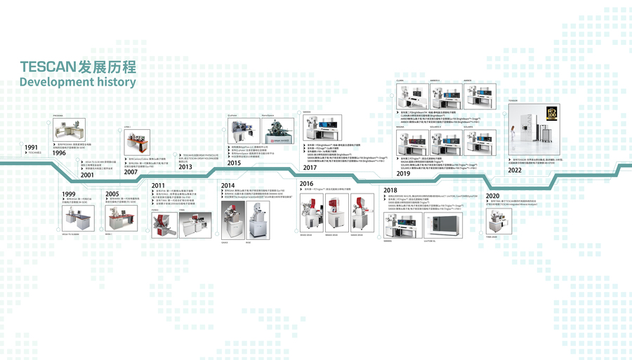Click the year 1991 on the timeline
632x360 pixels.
click(x=31, y=147)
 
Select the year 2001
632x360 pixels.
click(x=87, y=175)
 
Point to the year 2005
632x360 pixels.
click(x=112, y=194)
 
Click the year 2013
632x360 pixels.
click(x=185, y=167)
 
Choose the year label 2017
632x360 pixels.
click(x=310, y=168)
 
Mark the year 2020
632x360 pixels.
click(x=493, y=196)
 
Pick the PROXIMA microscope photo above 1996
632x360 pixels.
click(x=69, y=128)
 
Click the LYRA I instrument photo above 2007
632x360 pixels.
click(x=138, y=142)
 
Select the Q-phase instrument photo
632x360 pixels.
click(x=242, y=131)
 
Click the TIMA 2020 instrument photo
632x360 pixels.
click(x=499, y=221)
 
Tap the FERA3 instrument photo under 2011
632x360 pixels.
click(x=164, y=223)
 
